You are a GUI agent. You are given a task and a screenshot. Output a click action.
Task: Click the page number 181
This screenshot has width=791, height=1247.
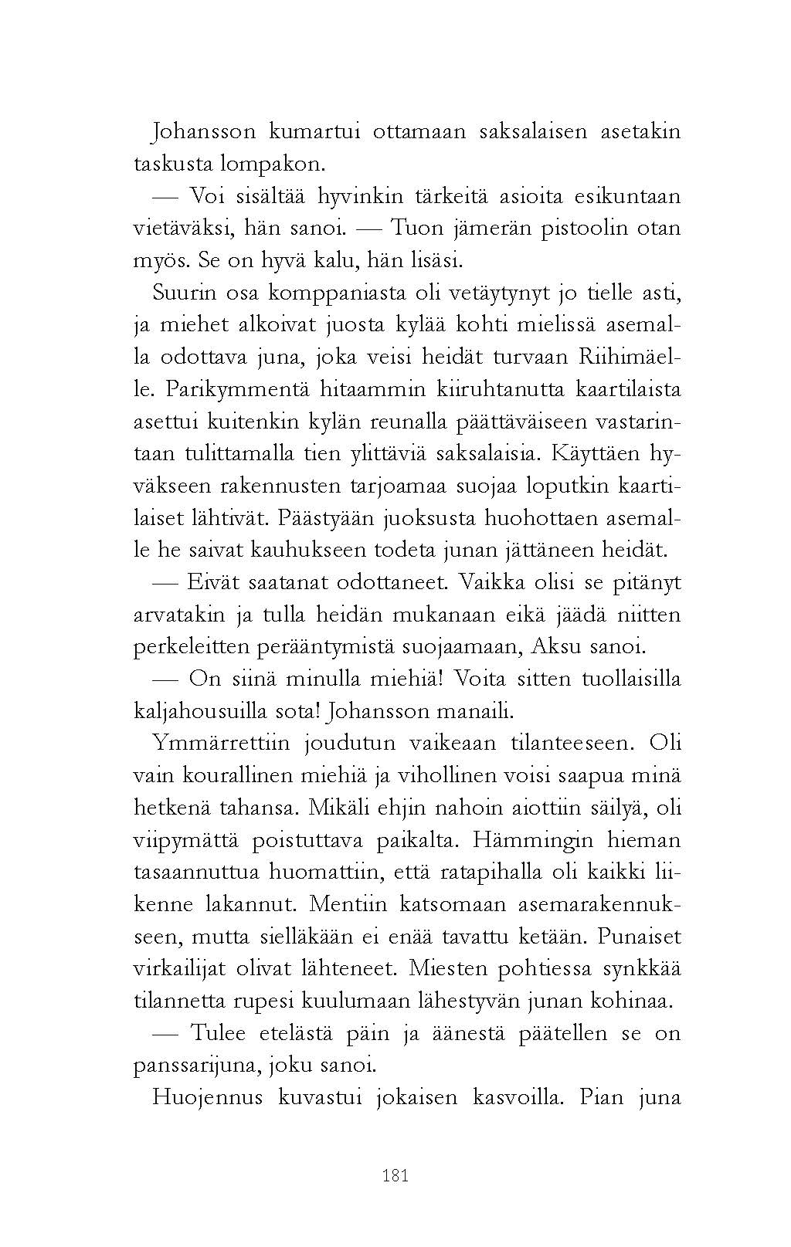click(x=395, y=1176)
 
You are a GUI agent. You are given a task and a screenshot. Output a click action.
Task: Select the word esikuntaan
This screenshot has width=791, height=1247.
click(x=627, y=197)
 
